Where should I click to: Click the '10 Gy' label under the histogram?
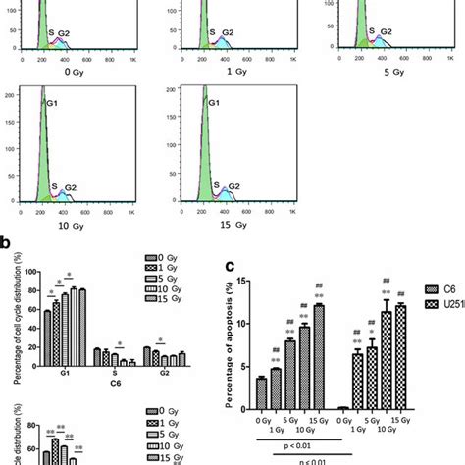[70, 232]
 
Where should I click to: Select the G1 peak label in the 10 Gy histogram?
[48, 99]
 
